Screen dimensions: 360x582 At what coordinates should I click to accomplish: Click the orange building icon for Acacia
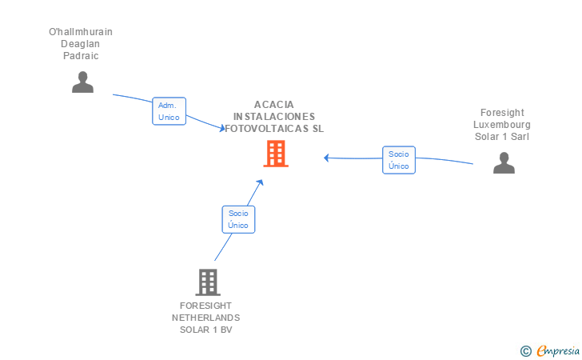[x=276, y=154]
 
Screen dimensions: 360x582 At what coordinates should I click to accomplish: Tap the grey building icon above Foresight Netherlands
[x=207, y=282]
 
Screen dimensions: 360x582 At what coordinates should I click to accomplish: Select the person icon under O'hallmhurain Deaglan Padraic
[x=82, y=82]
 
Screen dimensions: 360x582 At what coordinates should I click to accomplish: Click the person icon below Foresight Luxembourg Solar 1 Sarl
[x=504, y=162]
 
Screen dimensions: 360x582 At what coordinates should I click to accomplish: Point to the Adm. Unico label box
[x=169, y=111]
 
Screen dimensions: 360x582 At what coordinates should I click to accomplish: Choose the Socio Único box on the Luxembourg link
[x=398, y=160]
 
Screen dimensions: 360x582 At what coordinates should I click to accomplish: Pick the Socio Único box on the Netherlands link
[x=238, y=219]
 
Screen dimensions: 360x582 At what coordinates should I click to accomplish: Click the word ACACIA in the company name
[x=274, y=105]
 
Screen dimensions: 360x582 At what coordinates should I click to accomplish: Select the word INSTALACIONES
[x=274, y=116]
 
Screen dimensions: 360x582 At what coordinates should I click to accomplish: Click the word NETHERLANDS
[x=205, y=318]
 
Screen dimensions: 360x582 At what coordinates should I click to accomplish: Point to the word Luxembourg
[x=501, y=125]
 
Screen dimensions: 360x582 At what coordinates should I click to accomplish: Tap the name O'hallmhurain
[x=81, y=32]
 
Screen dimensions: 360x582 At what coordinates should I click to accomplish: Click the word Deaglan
[x=81, y=44]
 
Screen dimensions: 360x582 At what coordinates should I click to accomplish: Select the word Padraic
[x=81, y=56]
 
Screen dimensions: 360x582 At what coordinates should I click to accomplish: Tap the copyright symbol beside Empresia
[x=525, y=350]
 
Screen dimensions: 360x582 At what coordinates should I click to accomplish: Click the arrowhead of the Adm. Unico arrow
[x=223, y=128]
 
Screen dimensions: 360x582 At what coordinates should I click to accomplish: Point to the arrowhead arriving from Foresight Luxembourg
[x=326, y=158]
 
